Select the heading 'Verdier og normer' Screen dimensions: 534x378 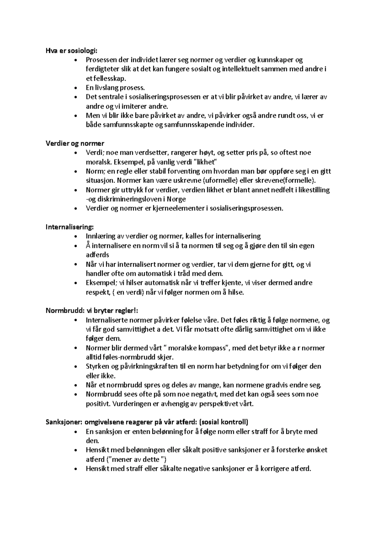point(75,144)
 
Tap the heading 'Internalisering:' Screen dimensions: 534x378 point(70,227)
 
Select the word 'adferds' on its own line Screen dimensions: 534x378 point(97,255)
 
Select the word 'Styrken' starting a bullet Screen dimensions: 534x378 point(97,366)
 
